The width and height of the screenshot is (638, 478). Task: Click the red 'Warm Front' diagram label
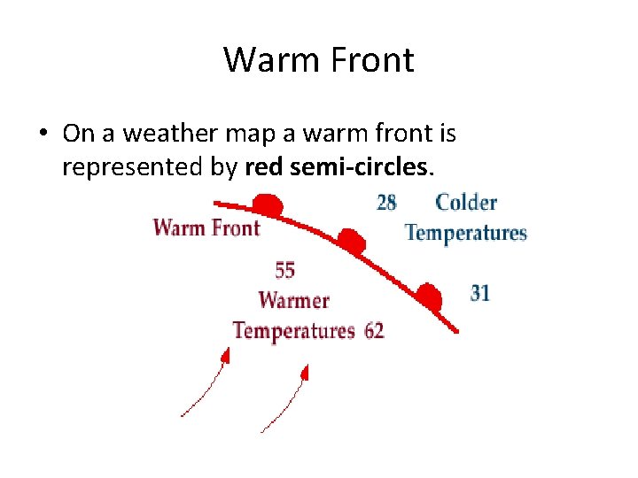tap(206, 227)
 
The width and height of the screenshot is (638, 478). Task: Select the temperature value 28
tap(386, 203)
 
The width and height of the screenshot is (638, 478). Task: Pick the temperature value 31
tap(480, 292)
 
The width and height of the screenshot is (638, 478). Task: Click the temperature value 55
tap(284, 270)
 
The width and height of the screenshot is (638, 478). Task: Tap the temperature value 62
tap(374, 331)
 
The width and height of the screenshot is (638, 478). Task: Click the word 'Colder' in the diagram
tap(466, 203)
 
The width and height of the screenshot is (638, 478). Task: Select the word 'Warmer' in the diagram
tap(293, 300)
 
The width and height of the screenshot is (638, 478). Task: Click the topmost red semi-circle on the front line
tap(268, 207)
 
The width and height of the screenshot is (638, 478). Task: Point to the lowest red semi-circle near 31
tap(430, 296)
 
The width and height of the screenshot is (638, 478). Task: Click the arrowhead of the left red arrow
tap(226, 355)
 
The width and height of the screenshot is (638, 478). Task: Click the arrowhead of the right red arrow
tap(305, 372)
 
